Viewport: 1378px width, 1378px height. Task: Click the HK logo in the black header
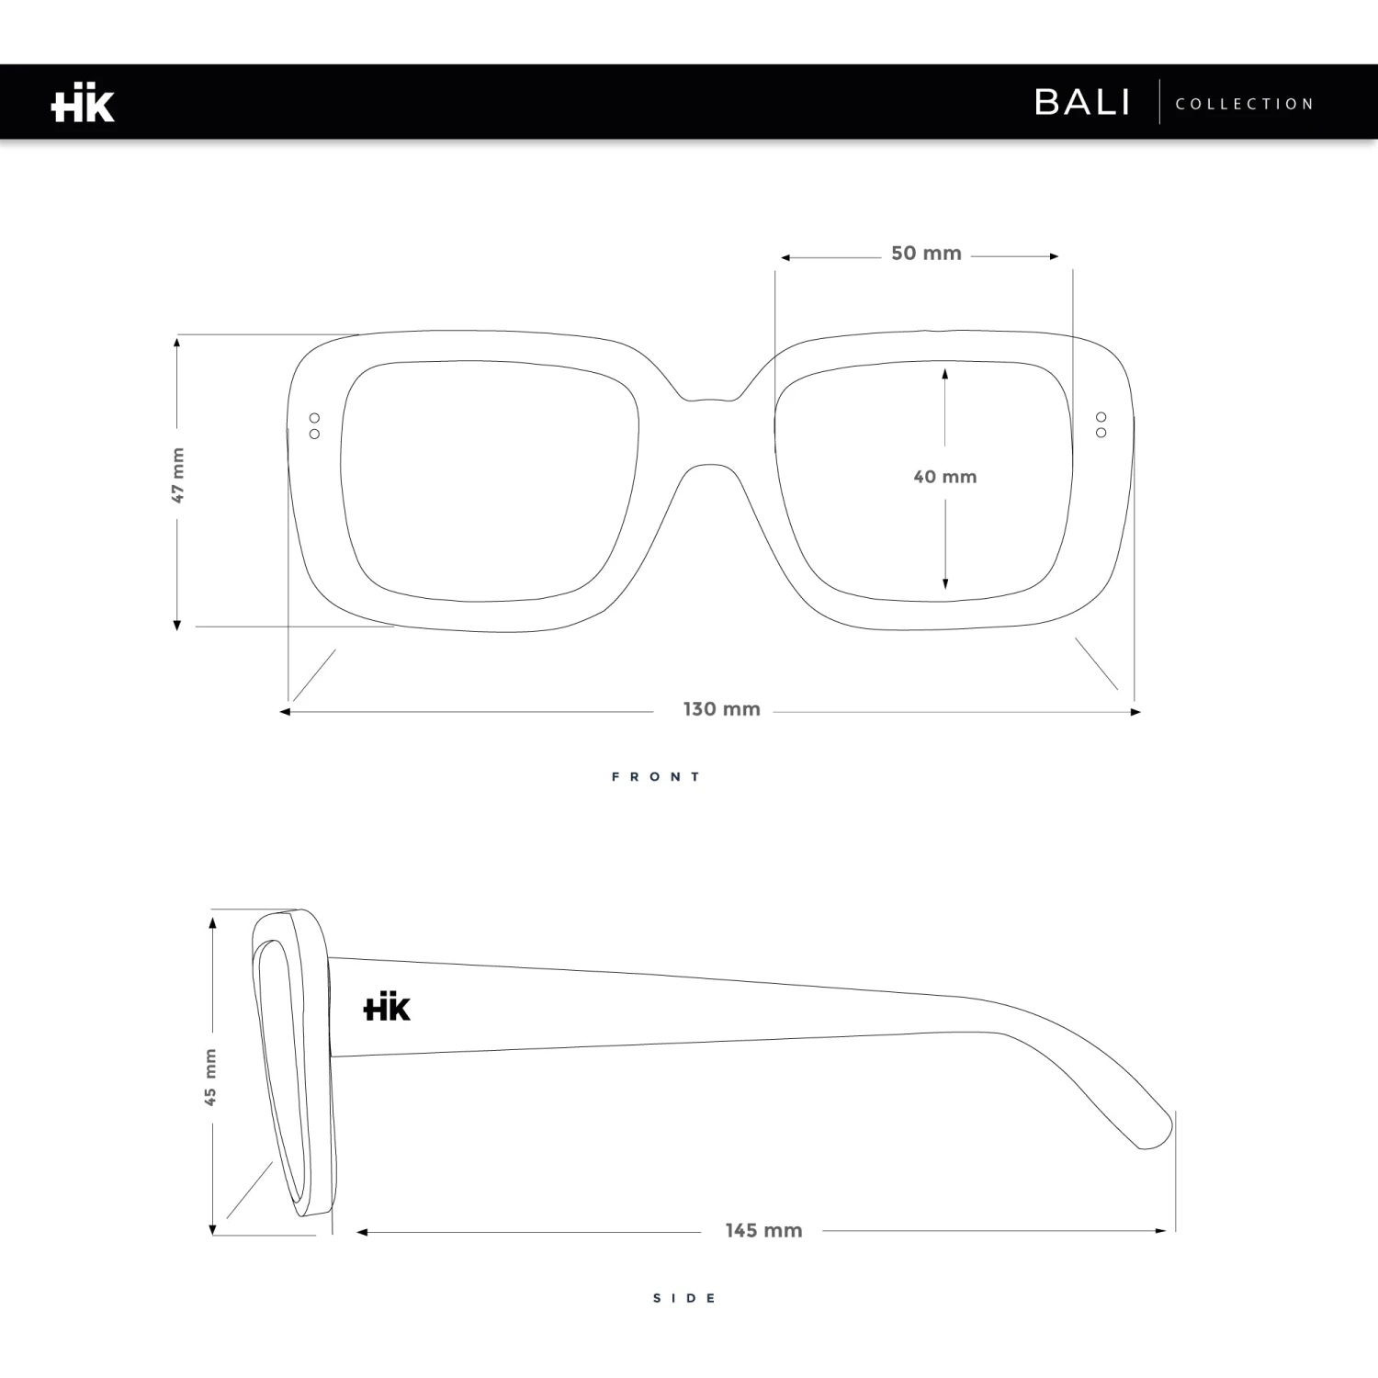tap(83, 103)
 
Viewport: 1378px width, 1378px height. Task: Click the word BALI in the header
tap(1082, 102)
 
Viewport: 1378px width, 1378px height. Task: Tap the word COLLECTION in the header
tap(1245, 104)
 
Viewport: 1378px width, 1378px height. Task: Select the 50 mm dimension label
tap(926, 254)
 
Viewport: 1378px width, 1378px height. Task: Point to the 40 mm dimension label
tap(944, 477)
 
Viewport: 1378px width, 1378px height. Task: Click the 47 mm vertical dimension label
tap(178, 476)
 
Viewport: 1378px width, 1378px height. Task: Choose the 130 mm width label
tap(721, 709)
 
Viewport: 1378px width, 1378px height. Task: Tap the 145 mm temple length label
tap(763, 1230)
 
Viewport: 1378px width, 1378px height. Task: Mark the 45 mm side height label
tap(210, 1077)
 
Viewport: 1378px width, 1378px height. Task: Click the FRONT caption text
tap(656, 777)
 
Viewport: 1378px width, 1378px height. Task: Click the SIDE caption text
tap(684, 1298)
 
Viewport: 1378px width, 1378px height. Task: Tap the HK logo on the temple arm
tap(387, 1008)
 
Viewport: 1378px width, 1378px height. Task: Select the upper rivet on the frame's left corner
tap(314, 418)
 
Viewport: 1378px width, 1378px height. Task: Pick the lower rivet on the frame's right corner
tap(1101, 433)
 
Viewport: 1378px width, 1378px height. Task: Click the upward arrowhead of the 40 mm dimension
tap(944, 373)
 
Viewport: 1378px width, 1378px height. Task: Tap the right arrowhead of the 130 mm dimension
tap(1135, 712)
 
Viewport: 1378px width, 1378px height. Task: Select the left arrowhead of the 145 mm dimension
tap(361, 1232)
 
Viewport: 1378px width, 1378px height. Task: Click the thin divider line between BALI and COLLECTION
tap(1159, 102)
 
